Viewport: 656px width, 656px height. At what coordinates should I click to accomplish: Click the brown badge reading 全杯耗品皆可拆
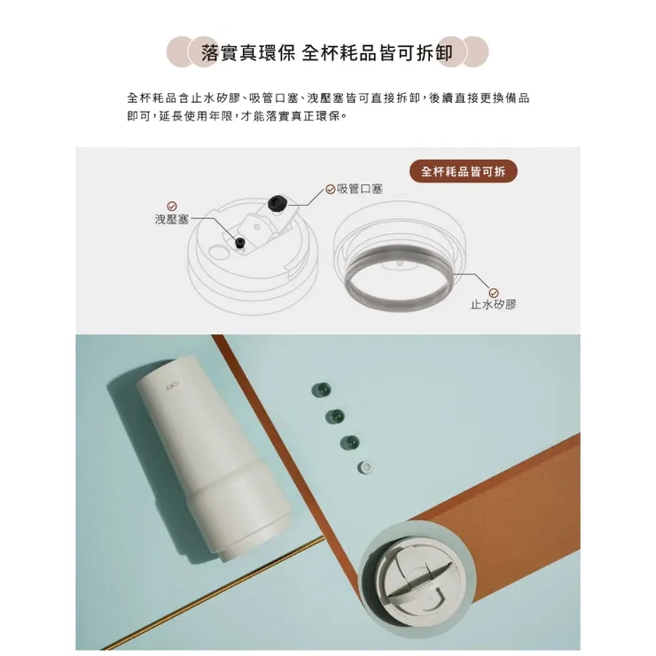(465, 172)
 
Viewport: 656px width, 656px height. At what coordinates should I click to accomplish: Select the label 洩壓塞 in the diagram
(172, 219)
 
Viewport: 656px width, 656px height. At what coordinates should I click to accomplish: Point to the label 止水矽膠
(493, 304)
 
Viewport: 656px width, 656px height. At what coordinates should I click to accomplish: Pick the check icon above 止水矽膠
(494, 291)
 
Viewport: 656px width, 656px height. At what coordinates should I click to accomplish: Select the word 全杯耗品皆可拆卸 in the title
(378, 52)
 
